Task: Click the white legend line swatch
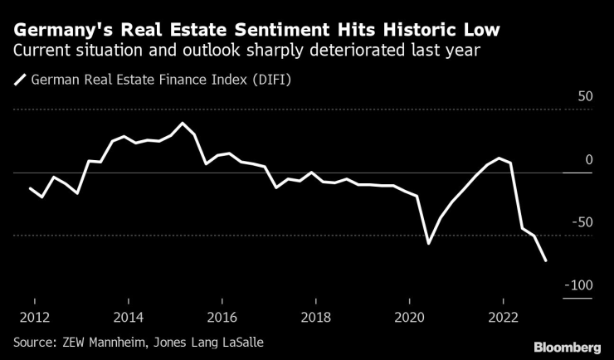(19, 80)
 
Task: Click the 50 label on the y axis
(585, 96)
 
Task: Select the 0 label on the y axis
(588, 159)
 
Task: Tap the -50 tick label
(582, 222)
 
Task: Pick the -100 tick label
(578, 285)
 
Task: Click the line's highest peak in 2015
(183, 124)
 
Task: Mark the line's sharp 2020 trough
(428, 243)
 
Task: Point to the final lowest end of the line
(546, 260)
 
